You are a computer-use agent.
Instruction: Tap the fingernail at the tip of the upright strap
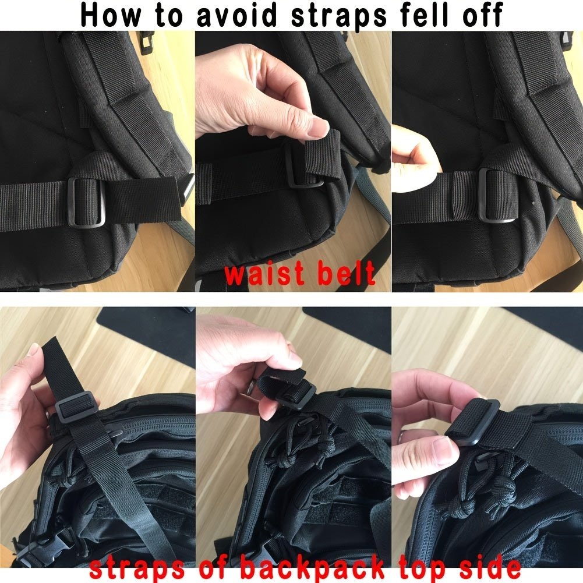point(34,349)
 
